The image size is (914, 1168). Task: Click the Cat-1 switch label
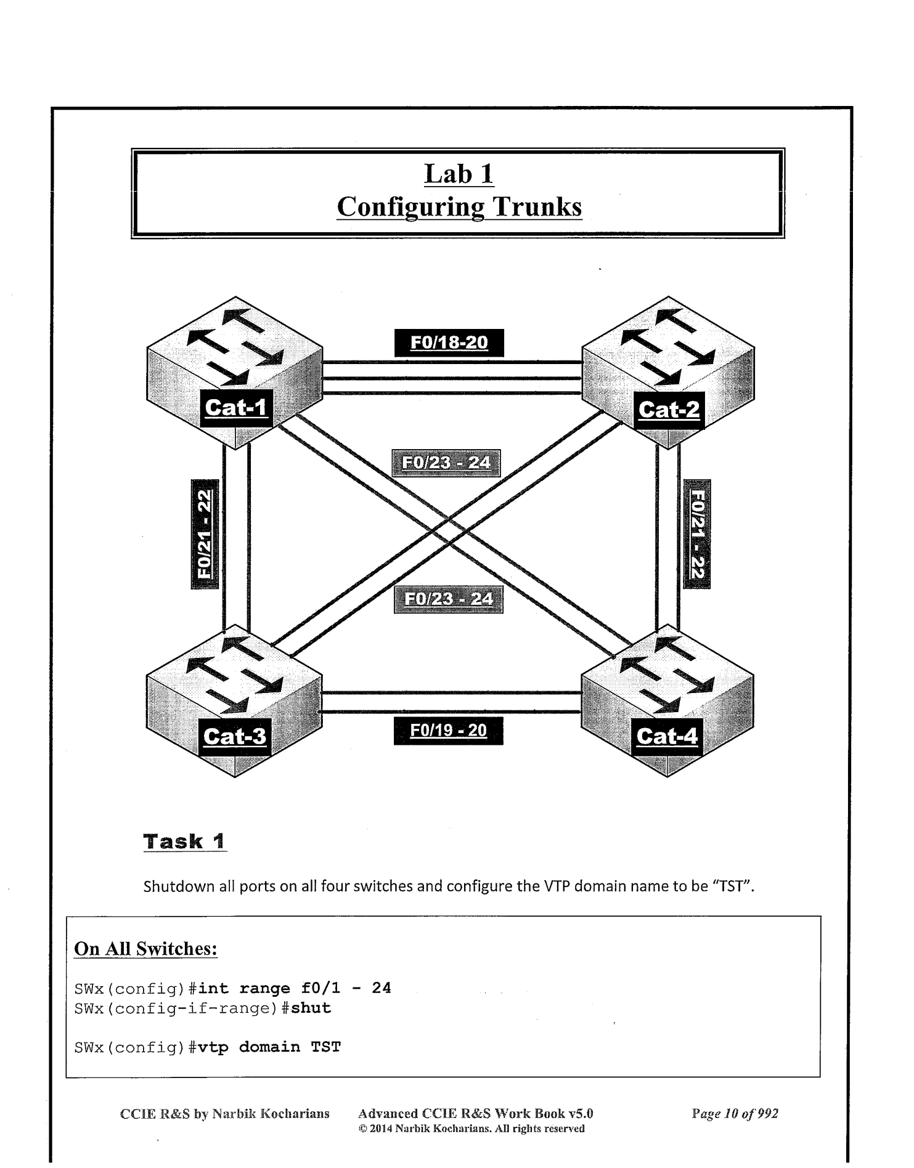235,408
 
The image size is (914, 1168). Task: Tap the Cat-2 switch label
669,410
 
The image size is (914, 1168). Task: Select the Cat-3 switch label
235,737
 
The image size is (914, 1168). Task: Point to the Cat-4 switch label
667,737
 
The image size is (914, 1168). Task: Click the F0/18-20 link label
449,343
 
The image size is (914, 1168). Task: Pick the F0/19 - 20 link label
448,731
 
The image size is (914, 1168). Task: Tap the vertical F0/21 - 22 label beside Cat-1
205,533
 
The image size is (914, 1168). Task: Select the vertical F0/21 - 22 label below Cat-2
697,533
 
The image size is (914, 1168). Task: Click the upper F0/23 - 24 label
446,463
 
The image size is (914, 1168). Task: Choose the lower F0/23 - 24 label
448,599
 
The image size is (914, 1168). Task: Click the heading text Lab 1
459,174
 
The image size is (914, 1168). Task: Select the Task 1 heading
184,842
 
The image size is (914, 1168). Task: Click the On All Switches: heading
145,949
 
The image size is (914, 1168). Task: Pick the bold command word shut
311,1008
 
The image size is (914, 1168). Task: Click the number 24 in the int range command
381,988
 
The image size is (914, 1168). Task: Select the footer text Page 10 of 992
735,1114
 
